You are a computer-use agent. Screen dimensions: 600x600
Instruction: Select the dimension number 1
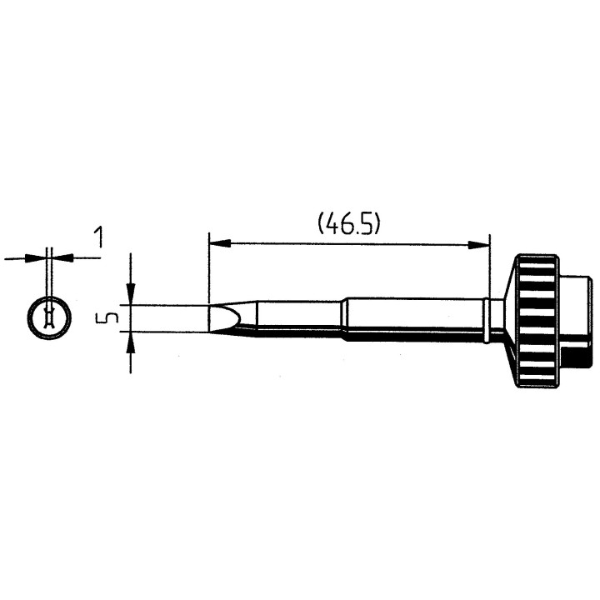coord(99,238)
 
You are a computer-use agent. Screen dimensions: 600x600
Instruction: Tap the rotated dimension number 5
coord(102,318)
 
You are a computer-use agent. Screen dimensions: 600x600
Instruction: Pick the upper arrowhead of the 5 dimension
coord(131,295)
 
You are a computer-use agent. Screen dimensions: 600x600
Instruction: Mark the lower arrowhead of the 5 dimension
coord(131,341)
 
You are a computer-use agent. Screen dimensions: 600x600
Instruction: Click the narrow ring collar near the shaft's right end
coord(486,319)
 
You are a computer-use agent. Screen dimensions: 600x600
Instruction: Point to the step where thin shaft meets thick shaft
coord(342,319)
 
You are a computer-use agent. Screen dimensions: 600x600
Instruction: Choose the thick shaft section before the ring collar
coord(412,319)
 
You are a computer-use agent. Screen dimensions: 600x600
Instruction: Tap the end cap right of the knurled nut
coord(577,319)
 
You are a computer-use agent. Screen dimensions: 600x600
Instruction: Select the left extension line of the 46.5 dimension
coord(208,267)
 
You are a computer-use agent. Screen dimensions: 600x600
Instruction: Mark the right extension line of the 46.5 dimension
coord(489,267)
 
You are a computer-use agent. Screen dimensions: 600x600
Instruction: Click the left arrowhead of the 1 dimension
coord(35,258)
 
